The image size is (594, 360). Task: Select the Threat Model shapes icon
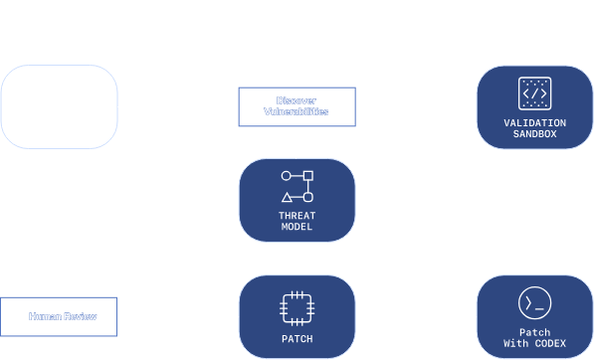click(297, 187)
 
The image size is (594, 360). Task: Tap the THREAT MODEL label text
click(297, 221)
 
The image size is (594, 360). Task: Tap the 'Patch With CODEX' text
click(535, 338)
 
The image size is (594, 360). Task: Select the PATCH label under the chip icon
click(297, 338)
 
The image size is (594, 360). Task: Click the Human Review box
click(58, 317)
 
